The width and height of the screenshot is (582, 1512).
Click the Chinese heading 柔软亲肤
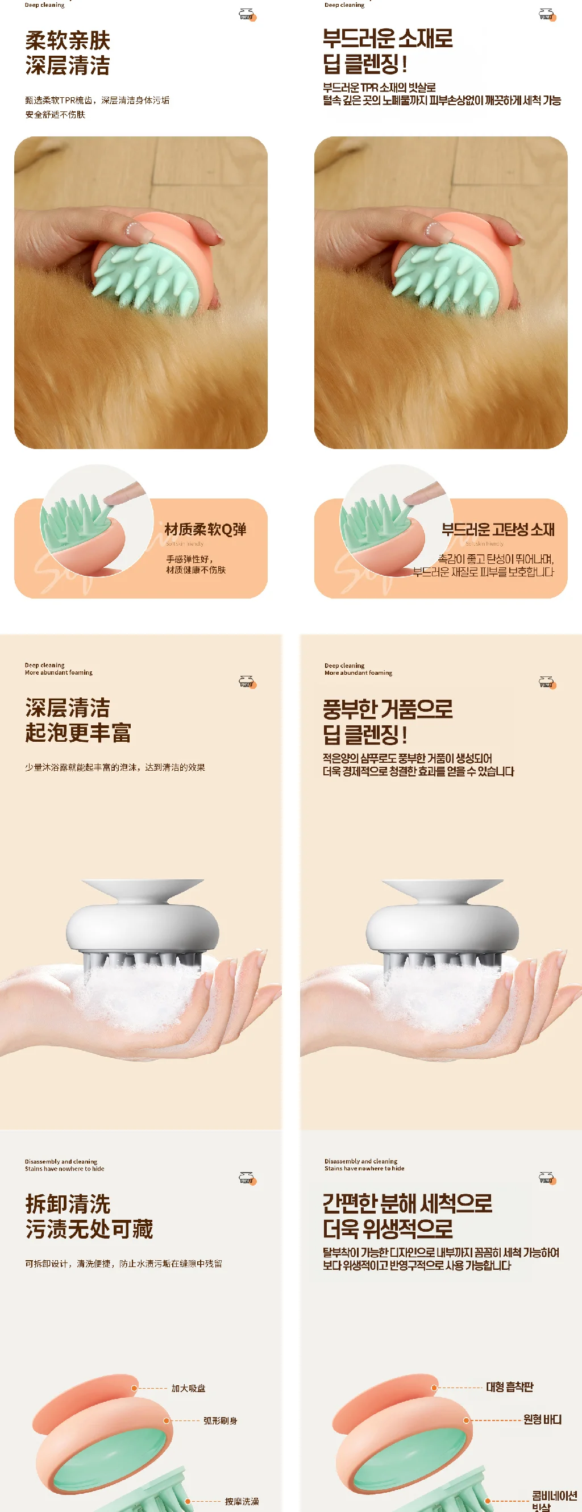pyautogui.click(x=68, y=40)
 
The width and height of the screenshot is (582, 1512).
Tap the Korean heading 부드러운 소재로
pyautogui.click(x=387, y=39)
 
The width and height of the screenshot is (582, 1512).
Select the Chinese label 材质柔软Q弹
pyautogui.click(x=205, y=529)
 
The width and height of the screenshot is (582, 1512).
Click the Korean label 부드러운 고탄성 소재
pyautogui.click(x=497, y=529)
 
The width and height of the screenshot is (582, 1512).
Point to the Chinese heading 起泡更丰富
pyautogui.click(x=78, y=733)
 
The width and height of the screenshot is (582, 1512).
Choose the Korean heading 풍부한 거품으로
pyautogui.click(x=387, y=709)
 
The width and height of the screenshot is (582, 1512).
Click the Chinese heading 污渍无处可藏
pyautogui.click(x=89, y=1228)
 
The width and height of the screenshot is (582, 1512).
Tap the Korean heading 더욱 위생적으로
pyautogui.click(x=387, y=1228)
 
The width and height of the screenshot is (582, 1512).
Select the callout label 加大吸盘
pyautogui.click(x=188, y=1388)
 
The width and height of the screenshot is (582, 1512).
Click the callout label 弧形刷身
pyautogui.click(x=220, y=1420)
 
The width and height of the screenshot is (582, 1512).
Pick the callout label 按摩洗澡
pyautogui.click(x=242, y=1501)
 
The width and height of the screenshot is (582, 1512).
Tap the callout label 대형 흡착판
pyautogui.click(x=509, y=1387)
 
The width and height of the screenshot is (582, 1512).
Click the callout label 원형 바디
pyautogui.click(x=542, y=1419)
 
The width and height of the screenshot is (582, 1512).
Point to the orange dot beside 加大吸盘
pyautogui.click(x=134, y=1388)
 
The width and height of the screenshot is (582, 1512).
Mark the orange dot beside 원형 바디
pyautogui.click(x=467, y=1420)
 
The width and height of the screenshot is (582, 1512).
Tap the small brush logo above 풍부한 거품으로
pyautogui.click(x=547, y=682)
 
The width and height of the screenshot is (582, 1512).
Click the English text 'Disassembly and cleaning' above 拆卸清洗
pyautogui.click(x=61, y=1161)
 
